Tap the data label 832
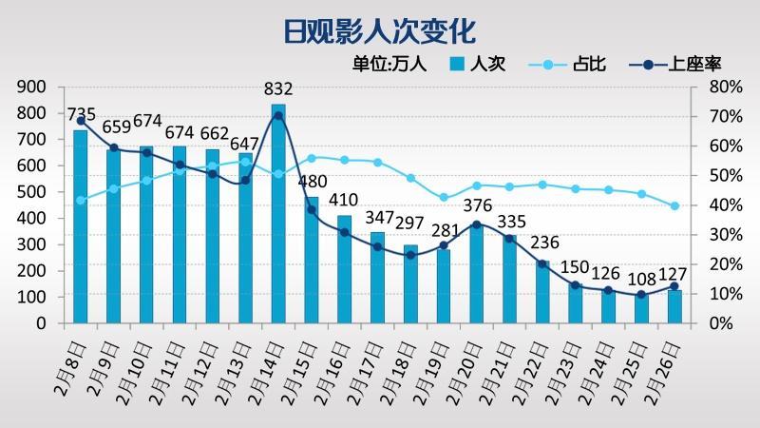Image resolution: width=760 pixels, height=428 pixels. click(x=278, y=90)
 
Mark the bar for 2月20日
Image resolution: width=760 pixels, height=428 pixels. click(x=477, y=276)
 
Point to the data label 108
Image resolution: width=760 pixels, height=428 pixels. click(x=641, y=281)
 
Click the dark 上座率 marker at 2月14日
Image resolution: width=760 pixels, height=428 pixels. click(x=278, y=116)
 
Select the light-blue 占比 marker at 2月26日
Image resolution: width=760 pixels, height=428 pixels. click(x=674, y=206)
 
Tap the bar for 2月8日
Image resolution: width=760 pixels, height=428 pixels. click(x=81, y=228)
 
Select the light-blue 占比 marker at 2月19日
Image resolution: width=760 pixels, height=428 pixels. click(x=444, y=197)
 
